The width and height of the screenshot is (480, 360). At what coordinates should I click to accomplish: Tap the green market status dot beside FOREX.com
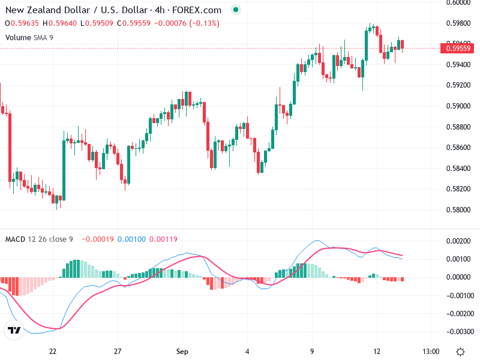tap(235, 10)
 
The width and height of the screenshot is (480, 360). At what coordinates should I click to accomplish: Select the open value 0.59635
tap(26, 23)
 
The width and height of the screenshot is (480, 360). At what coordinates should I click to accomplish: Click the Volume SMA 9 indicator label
tap(31, 37)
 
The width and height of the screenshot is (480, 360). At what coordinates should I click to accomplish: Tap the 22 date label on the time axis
tap(53, 352)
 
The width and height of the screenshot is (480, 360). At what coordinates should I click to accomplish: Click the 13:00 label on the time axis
tap(431, 352)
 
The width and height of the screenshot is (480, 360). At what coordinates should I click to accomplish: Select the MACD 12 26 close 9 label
tap(39, 239)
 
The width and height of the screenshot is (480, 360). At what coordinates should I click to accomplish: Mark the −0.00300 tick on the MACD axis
tap(461, 331)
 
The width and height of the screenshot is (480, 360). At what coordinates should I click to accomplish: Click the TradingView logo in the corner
tap(14, 330)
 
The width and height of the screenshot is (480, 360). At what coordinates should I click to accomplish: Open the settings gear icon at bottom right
tap(460, 352)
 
